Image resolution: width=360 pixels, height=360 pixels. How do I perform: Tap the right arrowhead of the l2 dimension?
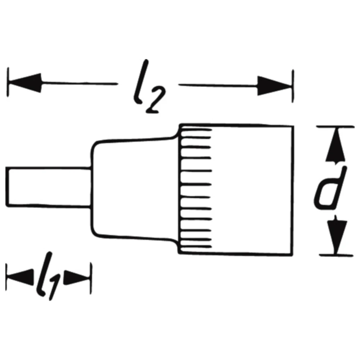(x=274, y=86)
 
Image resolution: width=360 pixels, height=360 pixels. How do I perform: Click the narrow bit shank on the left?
(x=47, y=187)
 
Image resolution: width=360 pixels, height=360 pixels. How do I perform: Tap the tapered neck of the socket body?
(x=133, y=187)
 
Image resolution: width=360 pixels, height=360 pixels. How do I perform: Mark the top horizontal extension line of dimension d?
(x=335, y=127)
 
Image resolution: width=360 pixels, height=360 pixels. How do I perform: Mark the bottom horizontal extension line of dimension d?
(x=335, y=255)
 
